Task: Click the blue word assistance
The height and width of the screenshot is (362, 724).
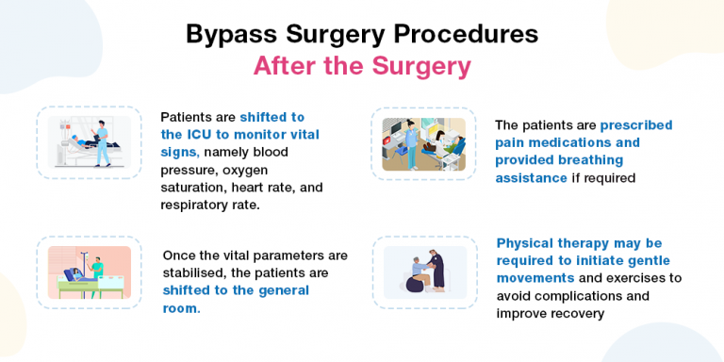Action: pyautogui.click(x=532, y=177)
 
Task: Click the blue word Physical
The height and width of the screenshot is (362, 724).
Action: pyautogui.click(x=527, y=243)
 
